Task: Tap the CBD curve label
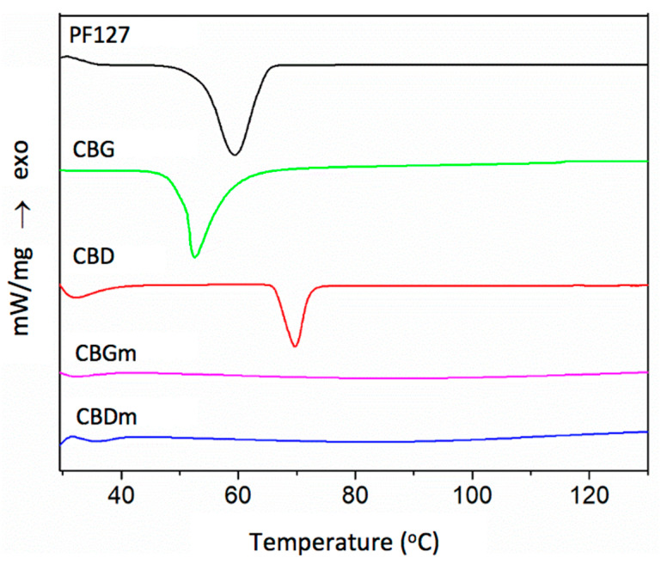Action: click(94, 255)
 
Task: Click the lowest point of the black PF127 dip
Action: click(234, 155)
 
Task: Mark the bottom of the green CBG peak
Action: click(195, 257)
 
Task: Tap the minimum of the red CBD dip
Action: click(296, 346)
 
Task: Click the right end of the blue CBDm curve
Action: click(646, 432)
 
